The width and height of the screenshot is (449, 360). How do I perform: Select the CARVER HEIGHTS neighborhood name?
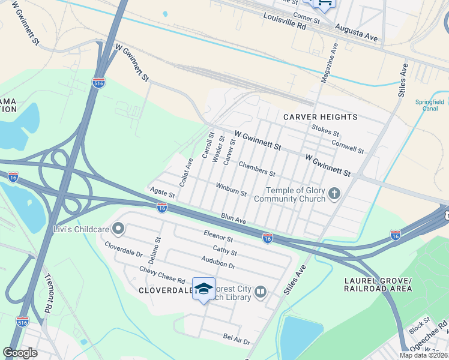pyautogui.click(x=320, y=117)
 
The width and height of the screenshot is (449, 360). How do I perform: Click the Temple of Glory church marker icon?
pyautogui.click(x=335, y=193)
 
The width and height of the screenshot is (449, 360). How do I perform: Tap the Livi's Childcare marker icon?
pyautogui.click(x=119, y=228)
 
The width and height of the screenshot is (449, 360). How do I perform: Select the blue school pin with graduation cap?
pyautogui.click(x=203, y=289)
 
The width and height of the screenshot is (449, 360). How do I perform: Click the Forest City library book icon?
pyautogui.click(x=261, y=292)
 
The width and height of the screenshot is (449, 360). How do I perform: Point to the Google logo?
pyautogui.click(x=20, y=352)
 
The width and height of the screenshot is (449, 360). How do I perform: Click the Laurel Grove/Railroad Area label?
pyautogui.click(x=378, y=285)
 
